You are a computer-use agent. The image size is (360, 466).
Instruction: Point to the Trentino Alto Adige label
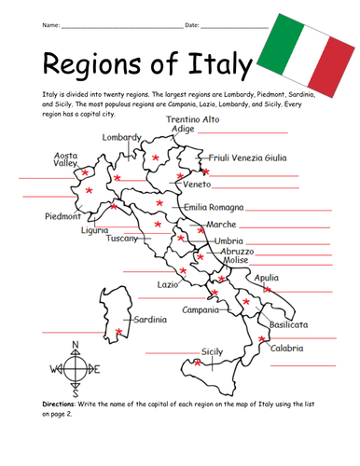[193, 124]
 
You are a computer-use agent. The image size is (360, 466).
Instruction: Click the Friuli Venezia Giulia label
[247, 158]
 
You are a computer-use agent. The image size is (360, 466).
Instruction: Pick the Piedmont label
[62, 216]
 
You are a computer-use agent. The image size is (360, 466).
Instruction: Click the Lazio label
[168, 283]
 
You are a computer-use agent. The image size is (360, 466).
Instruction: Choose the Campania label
[200, 309]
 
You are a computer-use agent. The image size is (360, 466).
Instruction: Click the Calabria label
[287, 348]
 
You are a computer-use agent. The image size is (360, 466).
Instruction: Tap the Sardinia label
[150, 320]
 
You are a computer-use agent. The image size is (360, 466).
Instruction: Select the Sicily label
[213, 351]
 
